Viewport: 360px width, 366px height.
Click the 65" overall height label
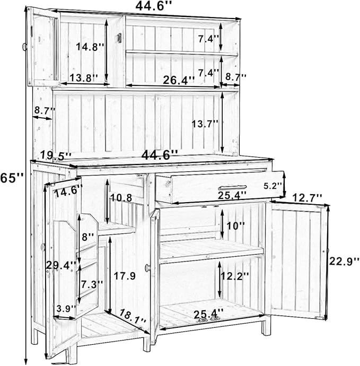[x=12, y=178]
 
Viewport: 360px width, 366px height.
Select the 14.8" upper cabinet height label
[x=90, y=47]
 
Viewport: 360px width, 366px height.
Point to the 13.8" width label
[x=84, y=78]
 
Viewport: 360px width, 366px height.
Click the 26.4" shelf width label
[x=179, y=80]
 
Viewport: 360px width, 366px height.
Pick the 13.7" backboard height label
[x=205, y=124]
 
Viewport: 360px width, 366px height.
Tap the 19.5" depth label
[x=56, y=155]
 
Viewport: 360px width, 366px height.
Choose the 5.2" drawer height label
[x=273, y=186]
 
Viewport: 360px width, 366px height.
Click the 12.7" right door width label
[x=307, y=198]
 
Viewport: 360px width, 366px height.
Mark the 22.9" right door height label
[x=344, y=262]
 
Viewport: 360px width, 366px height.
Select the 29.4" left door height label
[x=61, y=265]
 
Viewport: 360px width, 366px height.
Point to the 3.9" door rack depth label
[x=66, y=308]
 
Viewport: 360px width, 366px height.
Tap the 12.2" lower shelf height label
[x=235, y=276]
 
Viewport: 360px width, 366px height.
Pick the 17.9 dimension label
[x=125, y=276]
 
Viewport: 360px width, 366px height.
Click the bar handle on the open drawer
[x=232, y=188]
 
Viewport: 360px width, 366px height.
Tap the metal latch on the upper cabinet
[x=119, y=38]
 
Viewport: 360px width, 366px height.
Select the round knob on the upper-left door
[x=24, y=47]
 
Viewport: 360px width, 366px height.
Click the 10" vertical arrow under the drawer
[x=222, y=224]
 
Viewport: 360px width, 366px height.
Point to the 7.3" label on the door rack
[x=92, y=284]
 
